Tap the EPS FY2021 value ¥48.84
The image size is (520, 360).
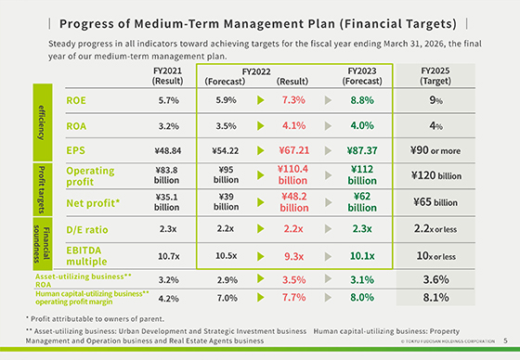click(x=168, y=149)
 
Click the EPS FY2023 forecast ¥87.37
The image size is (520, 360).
click(x=361, y=149)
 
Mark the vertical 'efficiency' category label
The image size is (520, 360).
click(x=42, y=123)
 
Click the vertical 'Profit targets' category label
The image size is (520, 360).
click(x=42, y=187)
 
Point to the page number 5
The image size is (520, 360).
click(x=505, y=341)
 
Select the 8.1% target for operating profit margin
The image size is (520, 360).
click(x=435, y=298)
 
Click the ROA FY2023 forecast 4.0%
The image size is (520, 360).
click(x=361, y=124)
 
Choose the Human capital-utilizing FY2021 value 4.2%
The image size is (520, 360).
click(x=168, y=298)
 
